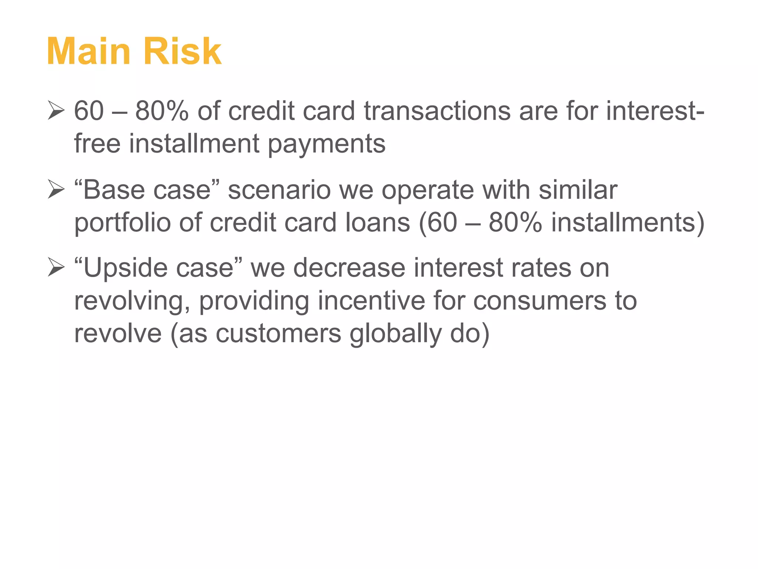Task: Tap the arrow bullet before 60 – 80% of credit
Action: (56, 112)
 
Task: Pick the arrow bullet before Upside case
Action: (56, 269)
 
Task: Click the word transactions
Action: (437, 111)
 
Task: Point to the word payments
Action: (326, 144)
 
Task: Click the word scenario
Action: (279, 190)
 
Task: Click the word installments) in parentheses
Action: (628, 223)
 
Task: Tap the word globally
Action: (395, 334)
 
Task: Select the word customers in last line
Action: (278, 333)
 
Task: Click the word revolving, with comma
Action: (133, 301)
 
